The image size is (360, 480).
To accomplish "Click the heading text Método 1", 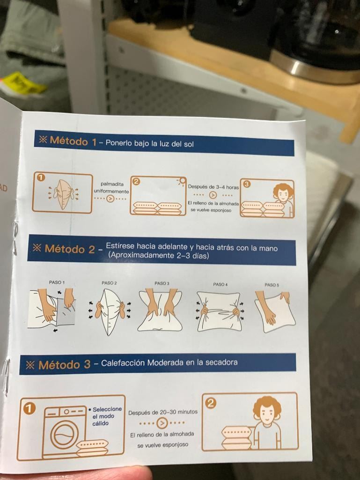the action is (x=73, y=141).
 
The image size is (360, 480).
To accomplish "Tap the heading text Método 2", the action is (x=70, y=249).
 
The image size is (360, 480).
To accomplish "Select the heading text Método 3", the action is (x=65, y=365).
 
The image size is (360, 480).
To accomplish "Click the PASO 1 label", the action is (x=57, y=282).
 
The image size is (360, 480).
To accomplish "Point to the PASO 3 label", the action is (x=162, y=283).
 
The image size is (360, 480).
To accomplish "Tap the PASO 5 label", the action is (x=272, y=285).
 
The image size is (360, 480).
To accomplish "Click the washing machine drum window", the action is (x=64, y=434).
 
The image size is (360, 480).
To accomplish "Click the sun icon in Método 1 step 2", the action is (x=182, y=181).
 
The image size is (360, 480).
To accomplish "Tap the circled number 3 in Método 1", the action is (x=246, y=184).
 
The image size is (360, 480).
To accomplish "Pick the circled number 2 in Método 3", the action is (x=210, y=404).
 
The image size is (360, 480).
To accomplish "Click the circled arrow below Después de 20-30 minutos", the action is (x=162, y=423).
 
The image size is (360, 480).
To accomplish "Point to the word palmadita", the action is (x=112, y=184).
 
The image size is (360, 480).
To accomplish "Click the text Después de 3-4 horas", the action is (x=213, y=187).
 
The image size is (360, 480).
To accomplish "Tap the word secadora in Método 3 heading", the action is (x=221, y=362).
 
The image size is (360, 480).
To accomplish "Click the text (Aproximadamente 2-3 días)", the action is (x=158, y=255).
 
